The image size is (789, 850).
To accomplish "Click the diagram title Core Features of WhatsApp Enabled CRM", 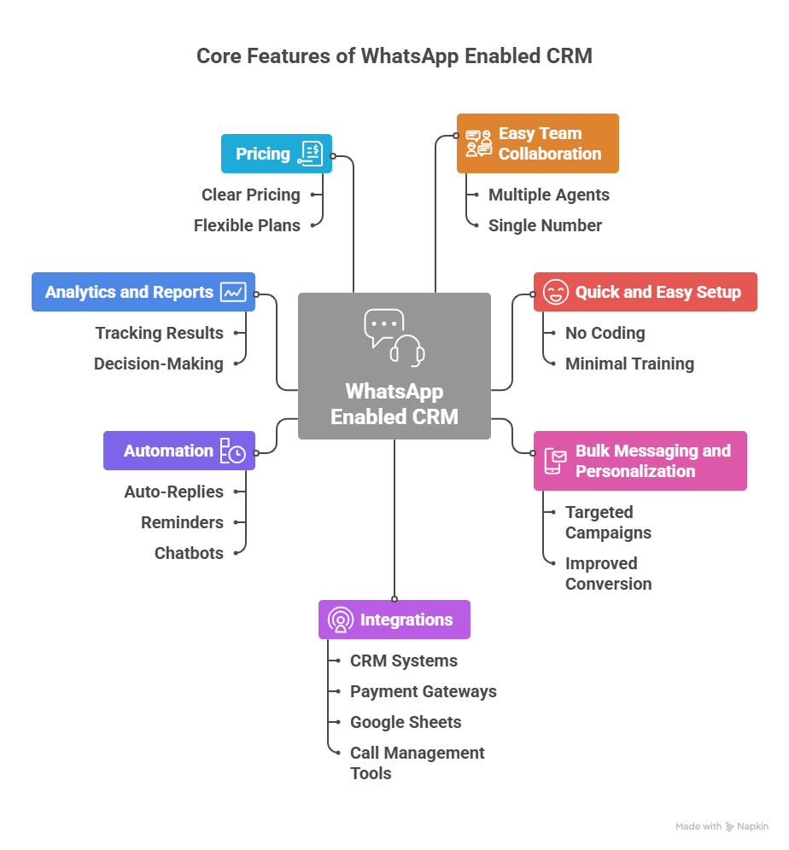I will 394,56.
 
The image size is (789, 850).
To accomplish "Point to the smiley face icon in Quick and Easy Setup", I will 555,292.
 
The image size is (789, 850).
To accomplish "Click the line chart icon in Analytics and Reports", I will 233,292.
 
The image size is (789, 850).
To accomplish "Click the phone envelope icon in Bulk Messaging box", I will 555,461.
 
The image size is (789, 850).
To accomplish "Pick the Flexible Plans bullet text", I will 247,225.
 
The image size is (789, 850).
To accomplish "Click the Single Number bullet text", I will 545,225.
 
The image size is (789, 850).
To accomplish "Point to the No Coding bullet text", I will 605,333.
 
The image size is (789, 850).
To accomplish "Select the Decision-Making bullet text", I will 158,364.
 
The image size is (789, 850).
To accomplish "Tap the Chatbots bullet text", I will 189,553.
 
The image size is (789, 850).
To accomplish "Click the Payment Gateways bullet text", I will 423,691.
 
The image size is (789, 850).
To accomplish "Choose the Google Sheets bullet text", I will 406,722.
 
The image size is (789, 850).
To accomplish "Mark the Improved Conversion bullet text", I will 608,573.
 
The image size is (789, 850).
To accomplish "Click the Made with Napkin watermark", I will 722,826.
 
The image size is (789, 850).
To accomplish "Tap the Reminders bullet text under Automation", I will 182,522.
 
